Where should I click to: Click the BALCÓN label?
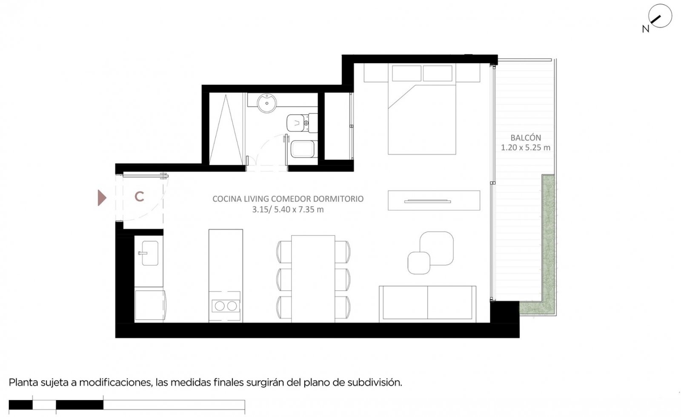(526, 138)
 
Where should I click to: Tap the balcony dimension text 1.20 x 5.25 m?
(526, 148)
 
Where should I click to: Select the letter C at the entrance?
(139, 197)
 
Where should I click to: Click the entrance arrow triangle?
(102, 198)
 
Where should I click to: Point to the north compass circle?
(660, 16)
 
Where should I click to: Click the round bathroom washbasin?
(266, 103)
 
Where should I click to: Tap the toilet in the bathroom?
(302, 123)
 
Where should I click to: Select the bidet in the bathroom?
(304, 149)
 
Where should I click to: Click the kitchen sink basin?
(149, 253)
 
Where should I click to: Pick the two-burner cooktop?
(226, 306)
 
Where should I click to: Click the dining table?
(313, 279)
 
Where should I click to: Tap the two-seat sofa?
(427, 304)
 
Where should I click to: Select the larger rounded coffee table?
(437, 248)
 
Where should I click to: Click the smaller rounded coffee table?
(419, 263)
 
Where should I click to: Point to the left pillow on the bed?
(406, 73)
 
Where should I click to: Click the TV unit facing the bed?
(434, 201)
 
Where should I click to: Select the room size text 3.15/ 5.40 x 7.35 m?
(288, 210)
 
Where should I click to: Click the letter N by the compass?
(646, 29)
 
